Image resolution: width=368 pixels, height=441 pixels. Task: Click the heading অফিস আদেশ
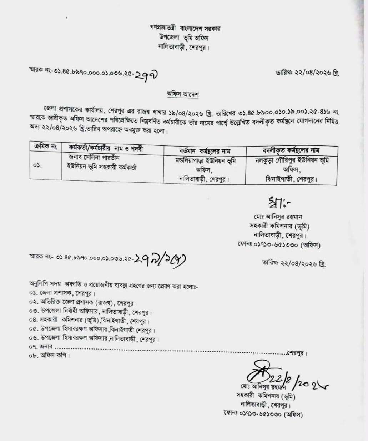pos(183,95)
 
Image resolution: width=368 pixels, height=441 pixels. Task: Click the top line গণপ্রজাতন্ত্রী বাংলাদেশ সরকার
pos(185,28)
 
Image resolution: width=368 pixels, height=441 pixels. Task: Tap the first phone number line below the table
pos(278,245)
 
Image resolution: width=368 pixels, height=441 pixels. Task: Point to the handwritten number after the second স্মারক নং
pos(161,259)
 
